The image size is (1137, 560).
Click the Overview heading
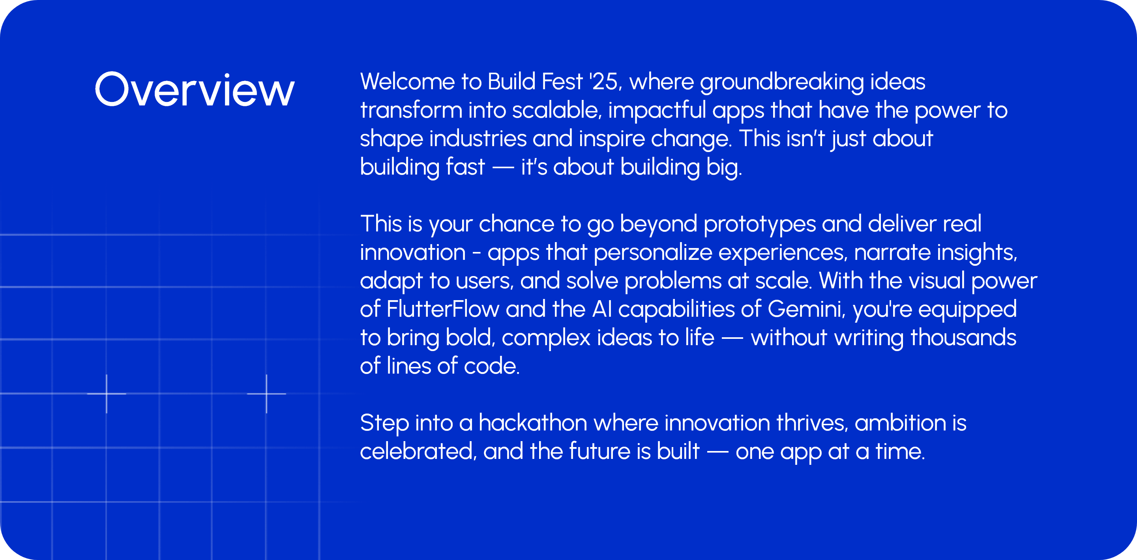coord(195,90)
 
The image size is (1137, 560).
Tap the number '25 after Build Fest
coord(605,82)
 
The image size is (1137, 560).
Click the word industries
coord(478,139)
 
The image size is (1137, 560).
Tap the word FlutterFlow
coord(443,309)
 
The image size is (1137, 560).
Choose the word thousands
coord(963,338)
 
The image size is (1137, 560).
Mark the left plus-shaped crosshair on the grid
coord(107,393)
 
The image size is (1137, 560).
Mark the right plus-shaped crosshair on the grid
coord(266,393)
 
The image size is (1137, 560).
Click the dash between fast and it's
coord(503,168)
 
